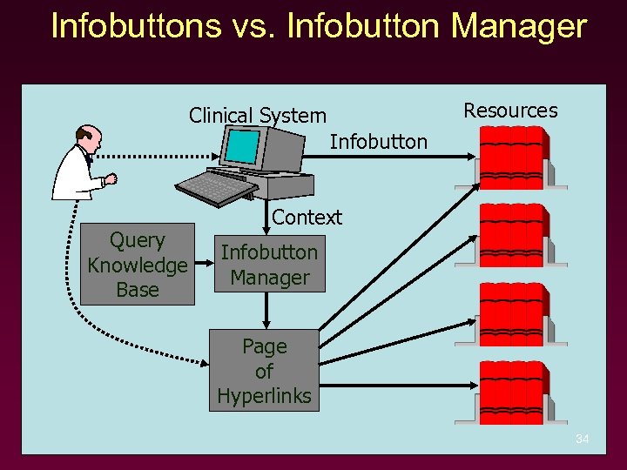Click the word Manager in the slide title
[x=519, y=26]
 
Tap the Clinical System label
[x=258, y=116]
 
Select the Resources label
[x=510, y=111]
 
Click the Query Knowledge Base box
[x=138, y=265]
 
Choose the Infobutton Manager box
[x=269, y=265]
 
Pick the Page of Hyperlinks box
[x=264, y=371]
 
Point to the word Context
[x=307, y=218]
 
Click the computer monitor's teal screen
[x=243, y=147]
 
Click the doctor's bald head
[x=88, y=135]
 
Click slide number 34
[x=583, y=440]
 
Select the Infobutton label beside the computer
[x=379, y=141]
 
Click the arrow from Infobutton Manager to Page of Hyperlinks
[x=269, y=310]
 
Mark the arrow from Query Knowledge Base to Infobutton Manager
[x=206, y=265]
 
